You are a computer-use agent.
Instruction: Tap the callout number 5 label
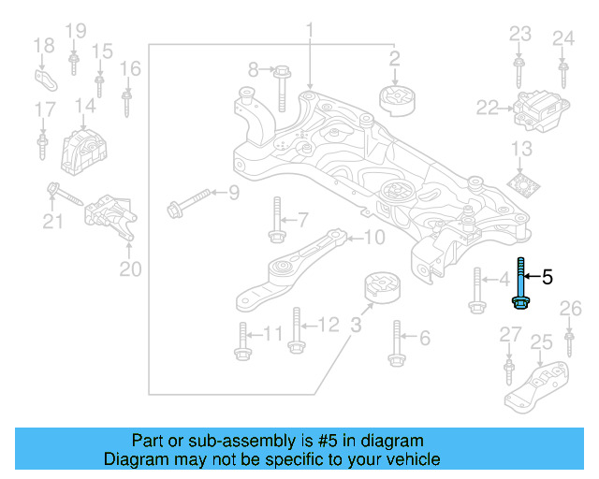click(x=548, y=276)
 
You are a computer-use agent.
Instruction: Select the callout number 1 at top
click(x=309, y=35)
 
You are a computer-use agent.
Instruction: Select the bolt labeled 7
click(x=275, y=222)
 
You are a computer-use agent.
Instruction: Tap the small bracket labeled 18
click(x=44, y=77)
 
